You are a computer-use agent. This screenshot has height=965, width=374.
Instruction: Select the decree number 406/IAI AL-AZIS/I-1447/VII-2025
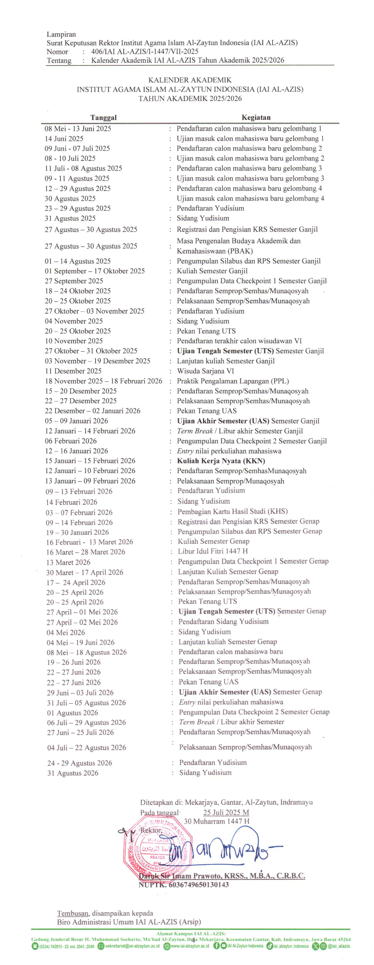[145, 52]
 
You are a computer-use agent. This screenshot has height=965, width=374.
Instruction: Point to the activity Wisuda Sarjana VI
[205, 371]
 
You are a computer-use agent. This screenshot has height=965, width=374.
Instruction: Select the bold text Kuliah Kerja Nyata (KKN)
[221, 461]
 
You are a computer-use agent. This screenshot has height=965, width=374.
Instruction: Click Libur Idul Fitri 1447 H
[212, 551]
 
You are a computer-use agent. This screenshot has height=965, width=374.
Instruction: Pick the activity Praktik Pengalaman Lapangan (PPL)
[233, 381]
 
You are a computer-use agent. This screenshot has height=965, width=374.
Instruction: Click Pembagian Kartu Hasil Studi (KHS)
[232, 511]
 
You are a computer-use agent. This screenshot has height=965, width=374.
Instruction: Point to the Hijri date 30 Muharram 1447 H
[217, 821]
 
